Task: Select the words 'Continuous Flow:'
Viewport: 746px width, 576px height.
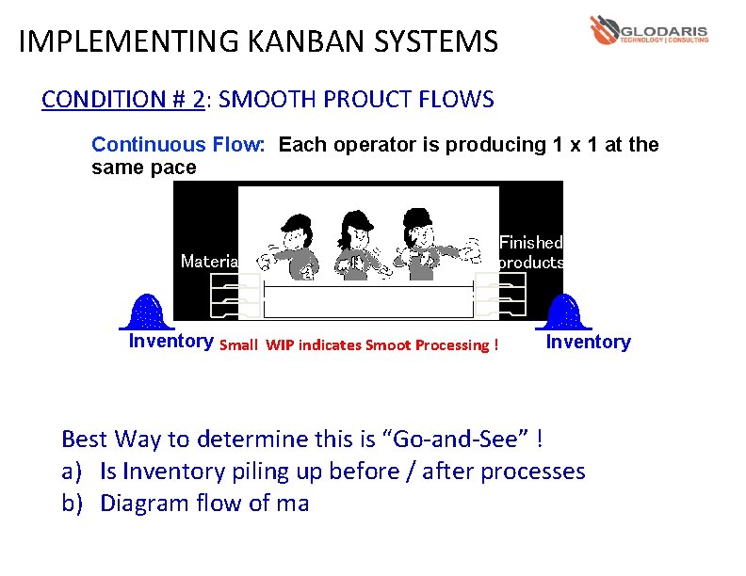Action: [x=180, y=145]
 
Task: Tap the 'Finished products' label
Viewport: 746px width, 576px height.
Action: [x=530, y=252]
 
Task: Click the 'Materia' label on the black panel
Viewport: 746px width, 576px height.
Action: [x=209, y=261]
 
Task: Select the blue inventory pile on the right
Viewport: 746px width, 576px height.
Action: [x=564, y=311]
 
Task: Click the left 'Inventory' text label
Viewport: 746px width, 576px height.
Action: [x=170, y=341]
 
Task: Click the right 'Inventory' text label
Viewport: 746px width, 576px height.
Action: [x=588, y=342]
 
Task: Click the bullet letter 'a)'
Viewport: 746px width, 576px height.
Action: [x=73, y=471]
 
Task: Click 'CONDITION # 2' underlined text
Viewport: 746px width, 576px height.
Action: [x=122, y=100]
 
